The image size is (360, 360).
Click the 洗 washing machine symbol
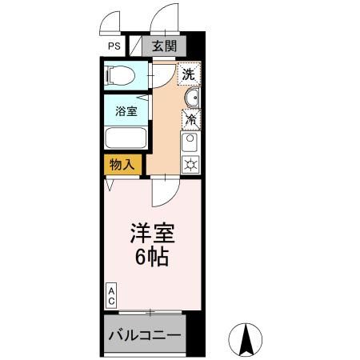pyautogui.click(x=189, y=74)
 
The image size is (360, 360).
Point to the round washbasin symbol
pyautogui.click(x=192, y=98)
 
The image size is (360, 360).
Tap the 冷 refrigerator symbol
pyautogui.click(x=192, y=120)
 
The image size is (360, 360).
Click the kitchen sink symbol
pyautogui.click(x=191, y=143)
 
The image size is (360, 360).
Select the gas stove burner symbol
pyautogui.click(x=191, y=165)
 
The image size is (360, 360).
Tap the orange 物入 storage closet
pyautogui.click(x=122, y=165)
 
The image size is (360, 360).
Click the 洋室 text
pyautogui.click(x=151, y=234)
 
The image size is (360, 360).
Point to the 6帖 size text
pyautogui.click(x=150, y=258)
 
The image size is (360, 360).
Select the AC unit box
pyautogui.click(x=111, y=296)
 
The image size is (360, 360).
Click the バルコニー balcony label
pyautogui.click(x=145, y=334)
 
